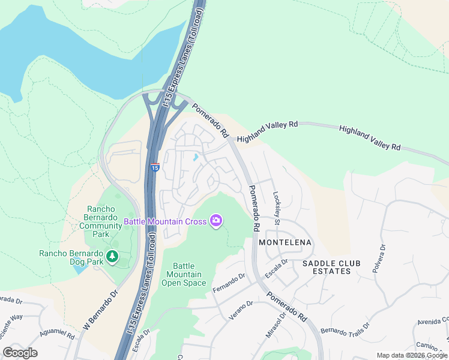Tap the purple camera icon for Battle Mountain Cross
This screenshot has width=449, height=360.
click(x=216, y=221)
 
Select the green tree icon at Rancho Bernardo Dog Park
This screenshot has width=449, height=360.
click(x=112, y=257)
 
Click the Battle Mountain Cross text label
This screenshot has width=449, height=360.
click(x=164, y=221)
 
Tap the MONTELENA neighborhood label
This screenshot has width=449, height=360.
click(x=285, y=242)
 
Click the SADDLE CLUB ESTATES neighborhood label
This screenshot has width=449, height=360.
click(x=327, y=267)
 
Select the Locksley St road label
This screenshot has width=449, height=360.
click(x=277, y=208)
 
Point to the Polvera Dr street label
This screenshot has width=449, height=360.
click(x=379, y=257)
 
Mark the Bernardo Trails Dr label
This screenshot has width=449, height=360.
click(x=345, y=331)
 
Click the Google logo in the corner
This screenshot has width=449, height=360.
click(x=20, y=353)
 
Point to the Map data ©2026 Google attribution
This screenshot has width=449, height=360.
click(x=412, y=355)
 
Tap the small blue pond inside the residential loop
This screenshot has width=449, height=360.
click(x=196, y=158)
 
